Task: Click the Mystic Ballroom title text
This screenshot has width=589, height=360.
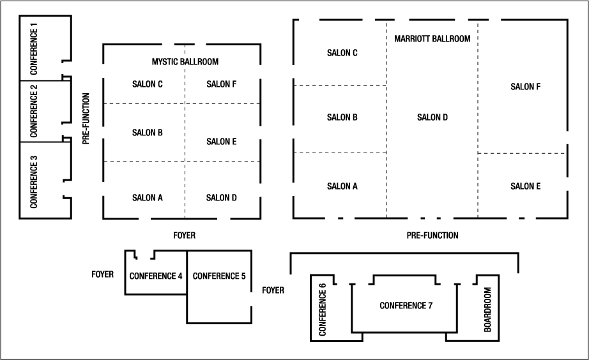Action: click(x=185, y=62)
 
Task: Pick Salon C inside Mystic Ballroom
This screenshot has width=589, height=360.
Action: click(x=148, y=84)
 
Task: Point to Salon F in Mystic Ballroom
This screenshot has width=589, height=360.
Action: click(x=221, y=84)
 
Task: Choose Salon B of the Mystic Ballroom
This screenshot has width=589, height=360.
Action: click(x=148, y=133)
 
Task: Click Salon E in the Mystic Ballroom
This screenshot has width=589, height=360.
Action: click(x=221, y=141)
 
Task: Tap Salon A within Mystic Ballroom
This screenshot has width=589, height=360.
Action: click(x=148, y=197)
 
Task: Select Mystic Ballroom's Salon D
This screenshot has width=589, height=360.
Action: click(x=221, y=197)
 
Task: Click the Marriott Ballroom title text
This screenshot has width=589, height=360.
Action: click(x=432, y=39)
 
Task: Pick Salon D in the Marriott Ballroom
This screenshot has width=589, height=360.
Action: click(x=432, y=117)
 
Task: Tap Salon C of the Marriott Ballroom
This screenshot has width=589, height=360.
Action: click(x=342, y=52)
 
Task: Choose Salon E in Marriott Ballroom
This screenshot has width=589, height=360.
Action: click(x=526, y=186)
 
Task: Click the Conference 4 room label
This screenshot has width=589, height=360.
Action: click(x=156, y=276)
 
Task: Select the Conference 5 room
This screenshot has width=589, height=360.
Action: click(x=219, y=276)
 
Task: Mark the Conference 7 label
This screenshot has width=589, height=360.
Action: click(x=406, y=305)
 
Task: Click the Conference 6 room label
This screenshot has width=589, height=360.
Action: click(x=322, y=310)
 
